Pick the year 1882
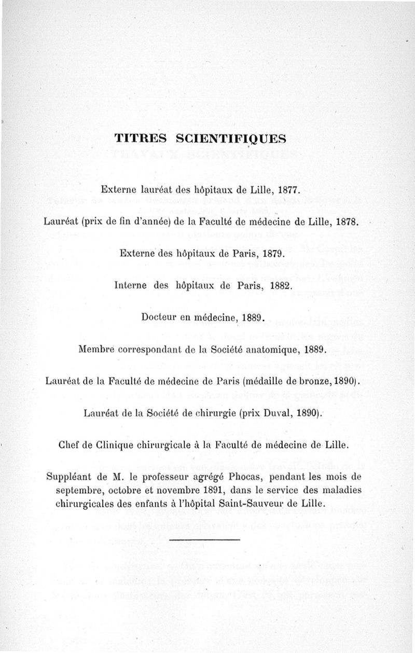[271, 285]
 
